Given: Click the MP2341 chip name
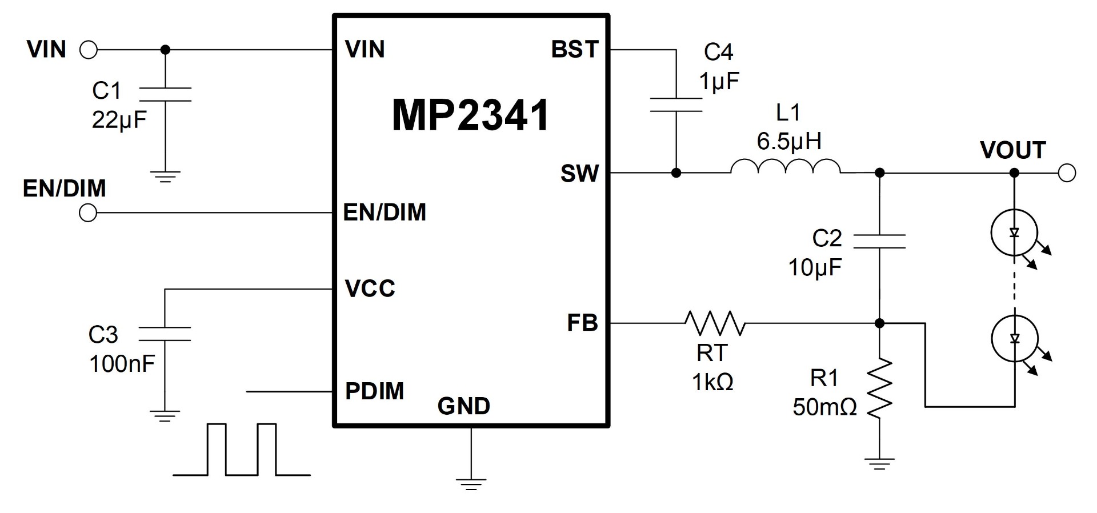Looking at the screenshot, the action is pyautogui.click(x=470, y=115).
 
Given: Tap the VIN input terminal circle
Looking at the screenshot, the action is pyautogui.click(x=89, y=50).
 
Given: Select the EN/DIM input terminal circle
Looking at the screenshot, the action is pyautogui.click(x=88, y=213).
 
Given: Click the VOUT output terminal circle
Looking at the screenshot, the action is pyautogui.click(x=1067, y=173).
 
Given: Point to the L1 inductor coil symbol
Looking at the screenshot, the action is pyautogui.click(x=786, y=166).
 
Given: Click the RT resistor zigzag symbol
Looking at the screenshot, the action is pyautogui.click(x=715, y=323).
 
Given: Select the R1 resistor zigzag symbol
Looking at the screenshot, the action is pyautogui.click(x=879, y=388).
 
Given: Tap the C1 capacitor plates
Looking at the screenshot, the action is pyautogui.click(x=165, y=94).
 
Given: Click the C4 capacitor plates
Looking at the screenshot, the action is pyautogui.click(x=676, y=105).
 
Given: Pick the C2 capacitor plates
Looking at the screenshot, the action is pyautogui.click(x=879, y=241).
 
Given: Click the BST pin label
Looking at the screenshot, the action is pyautogui.click(x=575, y=50).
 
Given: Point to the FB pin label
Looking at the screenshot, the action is pyautogui.click(x=582, y=323).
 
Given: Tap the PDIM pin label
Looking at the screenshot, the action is pyautogui.click(x=375, y=391).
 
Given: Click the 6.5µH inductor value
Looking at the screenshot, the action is pyautogui.click(x=789, y=141).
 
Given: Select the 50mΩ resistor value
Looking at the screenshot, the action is pyautogui.click(x=824, y=407).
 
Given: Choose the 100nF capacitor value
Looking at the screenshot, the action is pyautogui.click(x=122, y=364).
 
